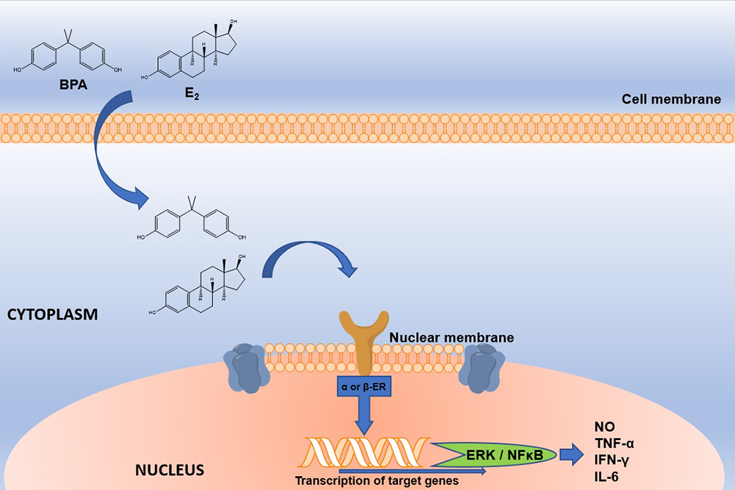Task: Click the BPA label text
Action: [73, 84]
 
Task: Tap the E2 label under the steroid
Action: [192, 94]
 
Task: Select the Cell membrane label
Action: [671, 99]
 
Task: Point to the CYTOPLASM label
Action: [52, 314]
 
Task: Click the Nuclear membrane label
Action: [451, 337]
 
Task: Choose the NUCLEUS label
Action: [170, 470]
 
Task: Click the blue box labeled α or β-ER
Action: [365, 387]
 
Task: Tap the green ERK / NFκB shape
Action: [493, 455]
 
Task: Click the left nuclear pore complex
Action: [247, 367]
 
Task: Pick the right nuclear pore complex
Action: [481, 368]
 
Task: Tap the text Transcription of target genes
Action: [377, 481]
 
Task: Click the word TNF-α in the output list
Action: [614, 443]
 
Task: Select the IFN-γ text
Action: [612, 460]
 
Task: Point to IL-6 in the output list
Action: [606, 477]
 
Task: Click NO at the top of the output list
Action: [605, 427]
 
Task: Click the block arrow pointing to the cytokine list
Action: [571, 455]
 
